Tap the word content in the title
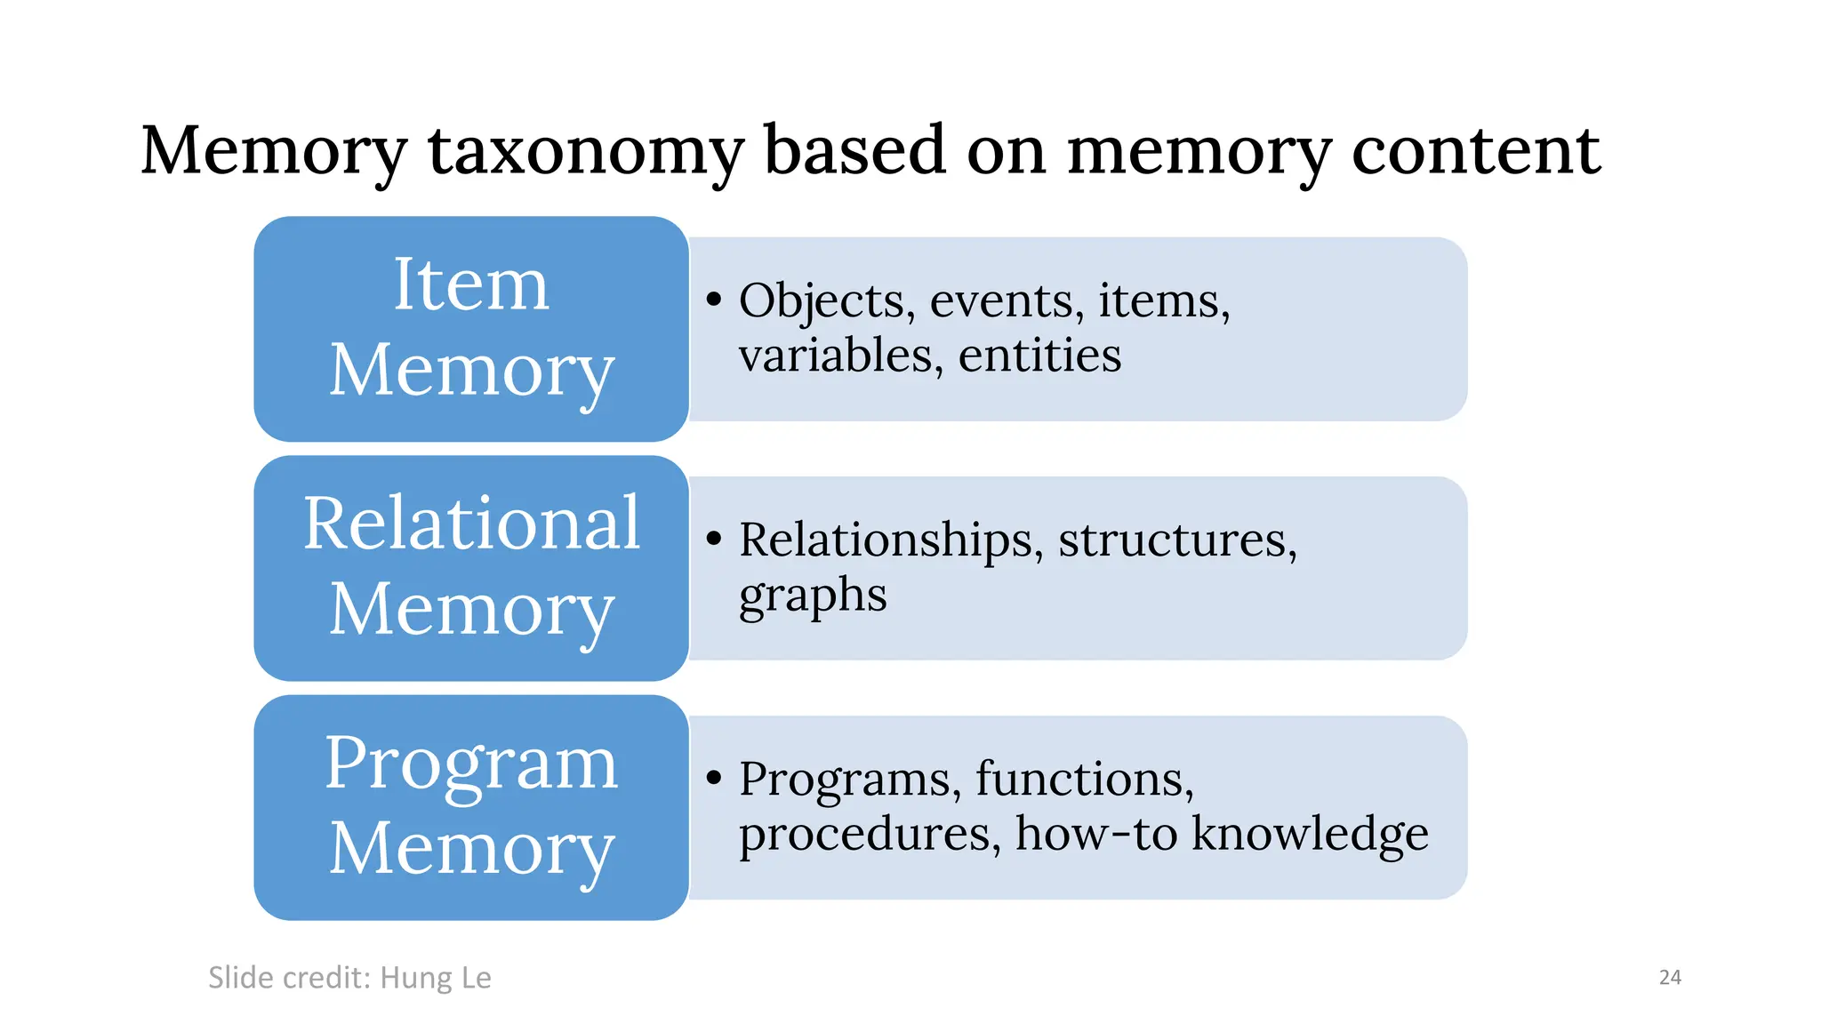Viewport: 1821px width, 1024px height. [1476, 151]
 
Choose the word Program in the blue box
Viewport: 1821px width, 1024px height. [471, 764]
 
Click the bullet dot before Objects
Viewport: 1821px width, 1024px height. [713, 300]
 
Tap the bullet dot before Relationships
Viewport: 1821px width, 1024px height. [713, 539]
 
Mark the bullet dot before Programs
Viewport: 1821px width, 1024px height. [713, 778]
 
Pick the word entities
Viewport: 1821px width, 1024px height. [1039, 356]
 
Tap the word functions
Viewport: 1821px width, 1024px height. [1084, 780]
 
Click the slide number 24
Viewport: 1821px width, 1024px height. [1670, 978]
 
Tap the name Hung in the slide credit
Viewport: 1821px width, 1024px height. [416, 978]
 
